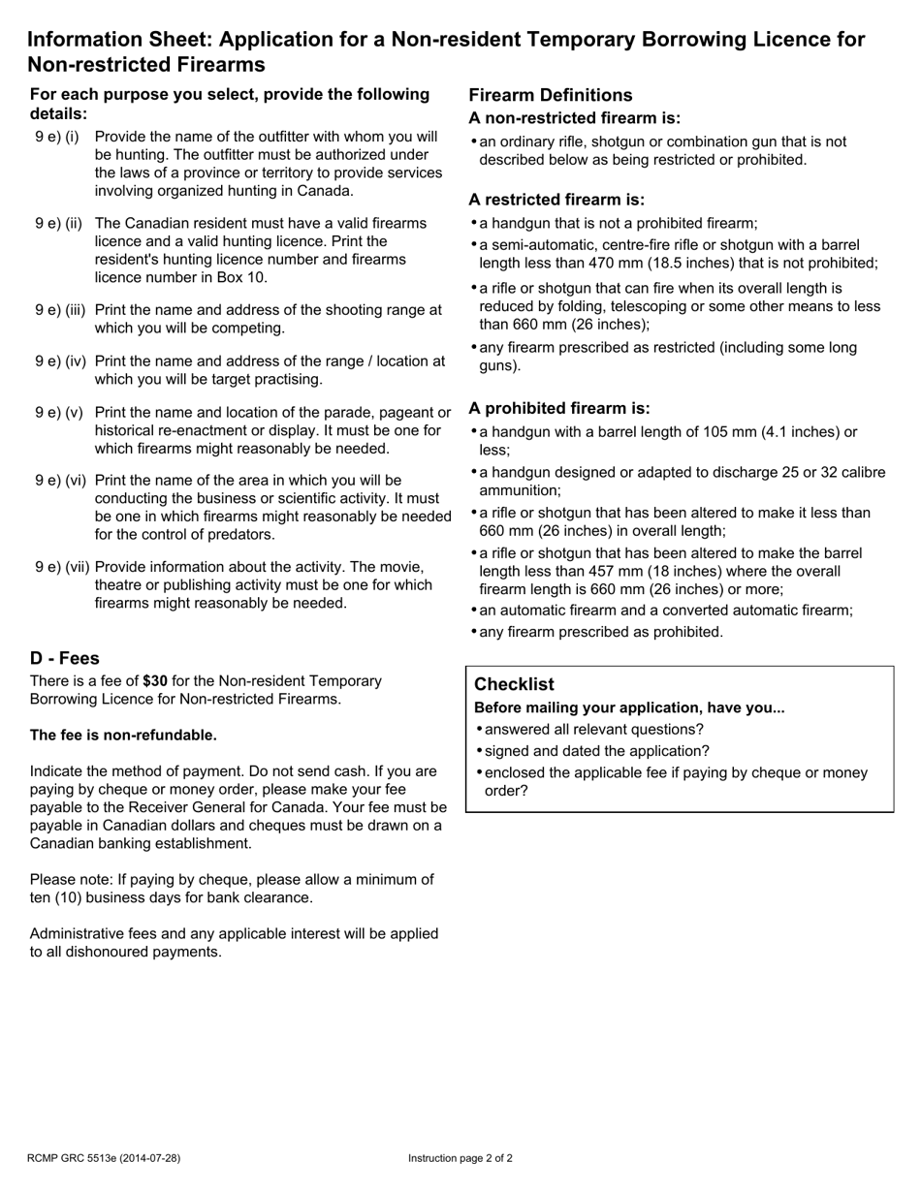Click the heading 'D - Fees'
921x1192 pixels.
(65, 659)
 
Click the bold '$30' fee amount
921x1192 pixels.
(155, 681)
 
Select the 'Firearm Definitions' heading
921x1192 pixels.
(550, 95)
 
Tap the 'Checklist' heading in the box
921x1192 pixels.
(514, 684)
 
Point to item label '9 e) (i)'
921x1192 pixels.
(57, 137)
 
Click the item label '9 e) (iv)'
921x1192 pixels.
(60, 361)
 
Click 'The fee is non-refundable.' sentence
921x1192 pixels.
(123, 736)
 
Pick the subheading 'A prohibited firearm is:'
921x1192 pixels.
(559, 409)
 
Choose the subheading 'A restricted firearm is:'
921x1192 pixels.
(556, 200)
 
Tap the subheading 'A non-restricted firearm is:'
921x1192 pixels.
(574, 118)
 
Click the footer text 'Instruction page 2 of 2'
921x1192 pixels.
(460, 1158)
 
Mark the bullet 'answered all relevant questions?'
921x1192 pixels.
(593, 730)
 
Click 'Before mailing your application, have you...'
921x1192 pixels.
(629, 707)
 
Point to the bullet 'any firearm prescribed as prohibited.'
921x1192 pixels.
(601, 632)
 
